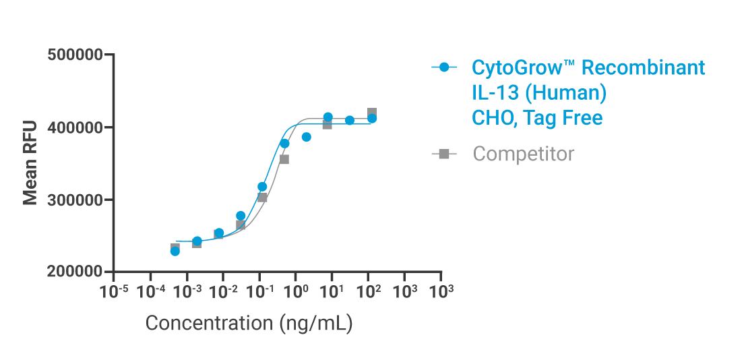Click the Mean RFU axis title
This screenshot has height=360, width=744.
pos(30,163)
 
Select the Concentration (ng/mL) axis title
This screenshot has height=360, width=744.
pos(249,323)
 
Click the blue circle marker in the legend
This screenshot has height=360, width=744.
pos(443,67)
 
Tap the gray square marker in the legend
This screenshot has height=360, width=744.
pos(443,154)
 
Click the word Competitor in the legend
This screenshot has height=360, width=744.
pos(524,154)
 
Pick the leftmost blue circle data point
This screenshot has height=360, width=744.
pos(175,251)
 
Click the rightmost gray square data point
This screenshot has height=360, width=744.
pos(372,113)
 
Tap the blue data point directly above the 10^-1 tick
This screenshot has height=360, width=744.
pos(262,186)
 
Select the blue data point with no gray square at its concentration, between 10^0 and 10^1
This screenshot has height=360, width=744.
pos(306,137)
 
